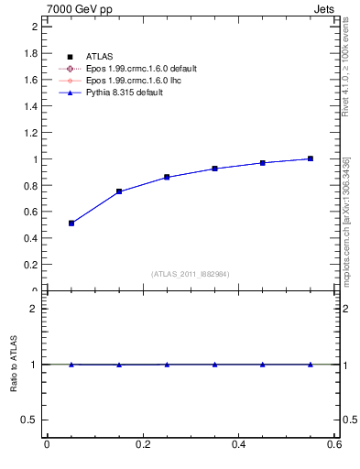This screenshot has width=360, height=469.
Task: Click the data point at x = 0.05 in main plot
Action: (x=71, y=223)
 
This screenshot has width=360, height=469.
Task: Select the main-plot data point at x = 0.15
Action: (x=119, y=191)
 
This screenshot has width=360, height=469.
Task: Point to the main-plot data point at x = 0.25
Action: (x=167, y=177)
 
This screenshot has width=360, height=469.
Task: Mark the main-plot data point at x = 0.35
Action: (x=214, y=169)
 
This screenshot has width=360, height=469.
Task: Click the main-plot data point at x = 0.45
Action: (x=263, y=163)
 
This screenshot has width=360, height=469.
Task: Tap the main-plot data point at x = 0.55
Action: (x=311, y=158)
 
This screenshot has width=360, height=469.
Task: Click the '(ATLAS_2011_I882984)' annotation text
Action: (x=191, y=274)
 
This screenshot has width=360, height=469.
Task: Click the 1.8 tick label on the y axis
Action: (x=29, y=53)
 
